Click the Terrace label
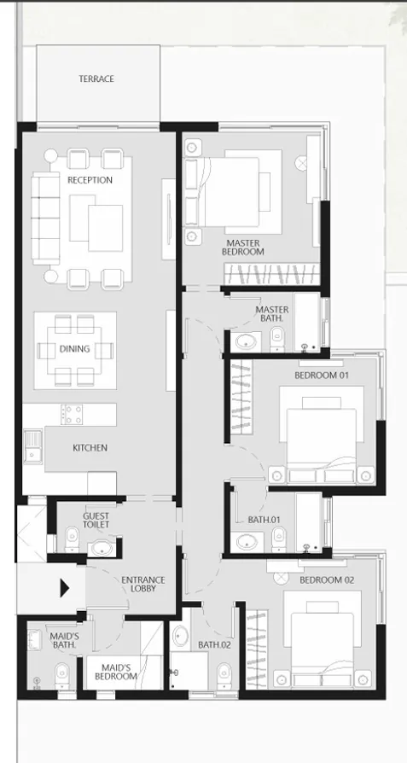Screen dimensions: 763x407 [96, 79]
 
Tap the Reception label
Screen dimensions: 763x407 [90, 180]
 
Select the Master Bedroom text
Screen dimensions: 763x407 [243, 248]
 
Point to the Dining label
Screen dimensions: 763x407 [74, 348]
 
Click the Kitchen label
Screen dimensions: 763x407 [90, 448]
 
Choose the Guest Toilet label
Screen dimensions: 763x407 [96, 521]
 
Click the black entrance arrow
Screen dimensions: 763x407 [65, 588]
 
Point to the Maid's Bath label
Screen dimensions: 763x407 [65, 641]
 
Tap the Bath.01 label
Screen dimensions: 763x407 [265, 519]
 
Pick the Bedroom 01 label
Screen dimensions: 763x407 [322, 376]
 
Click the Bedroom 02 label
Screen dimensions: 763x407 [327, 580]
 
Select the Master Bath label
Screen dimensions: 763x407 [272, 314]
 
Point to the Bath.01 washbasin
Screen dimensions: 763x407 [248, 539]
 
